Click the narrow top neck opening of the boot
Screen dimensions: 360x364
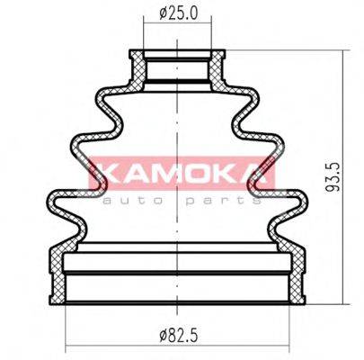[x=180, y=68]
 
